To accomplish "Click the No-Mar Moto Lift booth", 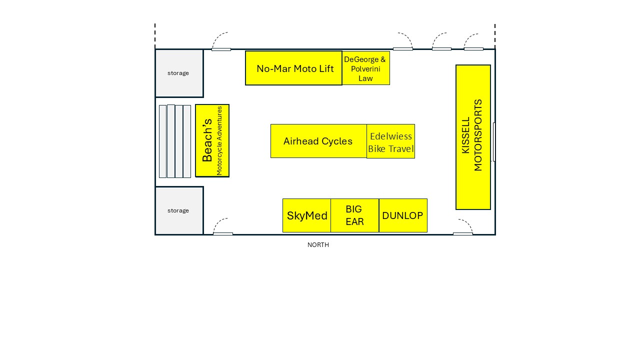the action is click(293, 68).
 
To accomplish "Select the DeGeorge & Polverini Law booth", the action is click(366, 68).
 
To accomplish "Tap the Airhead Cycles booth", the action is click(318, 141).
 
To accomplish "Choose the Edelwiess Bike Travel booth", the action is click(391, 141).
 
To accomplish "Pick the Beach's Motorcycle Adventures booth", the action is click(212, 140).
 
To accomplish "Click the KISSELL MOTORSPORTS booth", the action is click(473, 137).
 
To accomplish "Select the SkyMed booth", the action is click(307, 215).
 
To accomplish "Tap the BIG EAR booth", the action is click(355, 215).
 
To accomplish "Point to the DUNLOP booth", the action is click(403, 215).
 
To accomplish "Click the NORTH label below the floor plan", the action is click(318, 245).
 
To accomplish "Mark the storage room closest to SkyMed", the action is click(179, 211).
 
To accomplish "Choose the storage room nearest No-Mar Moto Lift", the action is click(179, 73).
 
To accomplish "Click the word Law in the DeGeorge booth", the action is click(365, 78).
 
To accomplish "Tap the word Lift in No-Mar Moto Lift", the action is click(326, 68).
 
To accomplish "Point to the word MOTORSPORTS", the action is click(477, 135).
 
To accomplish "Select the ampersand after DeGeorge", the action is click(383, 59).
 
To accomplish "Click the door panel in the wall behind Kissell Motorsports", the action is click(494, 141).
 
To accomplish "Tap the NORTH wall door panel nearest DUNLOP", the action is click(463, 234).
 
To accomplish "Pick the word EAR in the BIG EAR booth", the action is click(354, 221).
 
